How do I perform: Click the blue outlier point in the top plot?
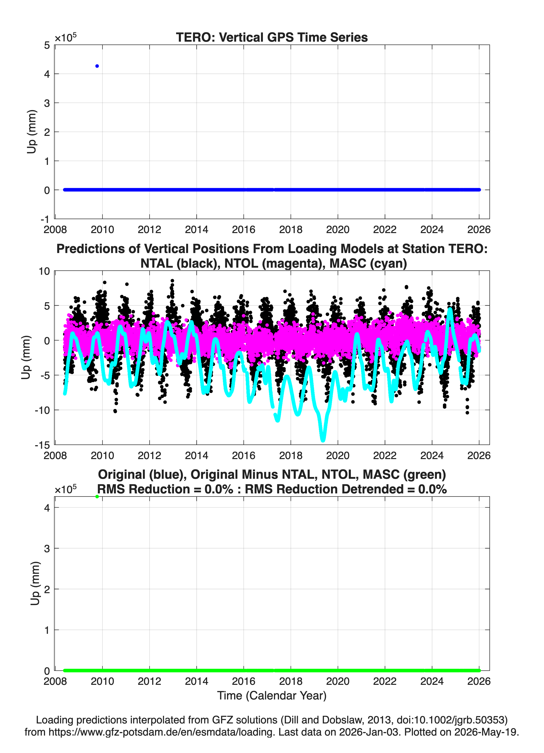tap(97, 66)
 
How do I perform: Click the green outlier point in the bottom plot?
tap(97, 497)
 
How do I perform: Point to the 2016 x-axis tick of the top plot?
tap(243, 230)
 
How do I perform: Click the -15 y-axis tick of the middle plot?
tap(42, 445)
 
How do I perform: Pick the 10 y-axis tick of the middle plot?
tap(44, 271)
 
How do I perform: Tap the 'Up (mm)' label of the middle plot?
tap(26, 358)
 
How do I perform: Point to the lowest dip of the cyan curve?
tap(323, 440)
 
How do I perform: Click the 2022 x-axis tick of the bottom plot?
tap(385, 681)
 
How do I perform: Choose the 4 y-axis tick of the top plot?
tap(47, 74)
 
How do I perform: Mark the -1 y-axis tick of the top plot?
tap(45, 219)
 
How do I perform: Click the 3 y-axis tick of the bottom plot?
tap(47, 548)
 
